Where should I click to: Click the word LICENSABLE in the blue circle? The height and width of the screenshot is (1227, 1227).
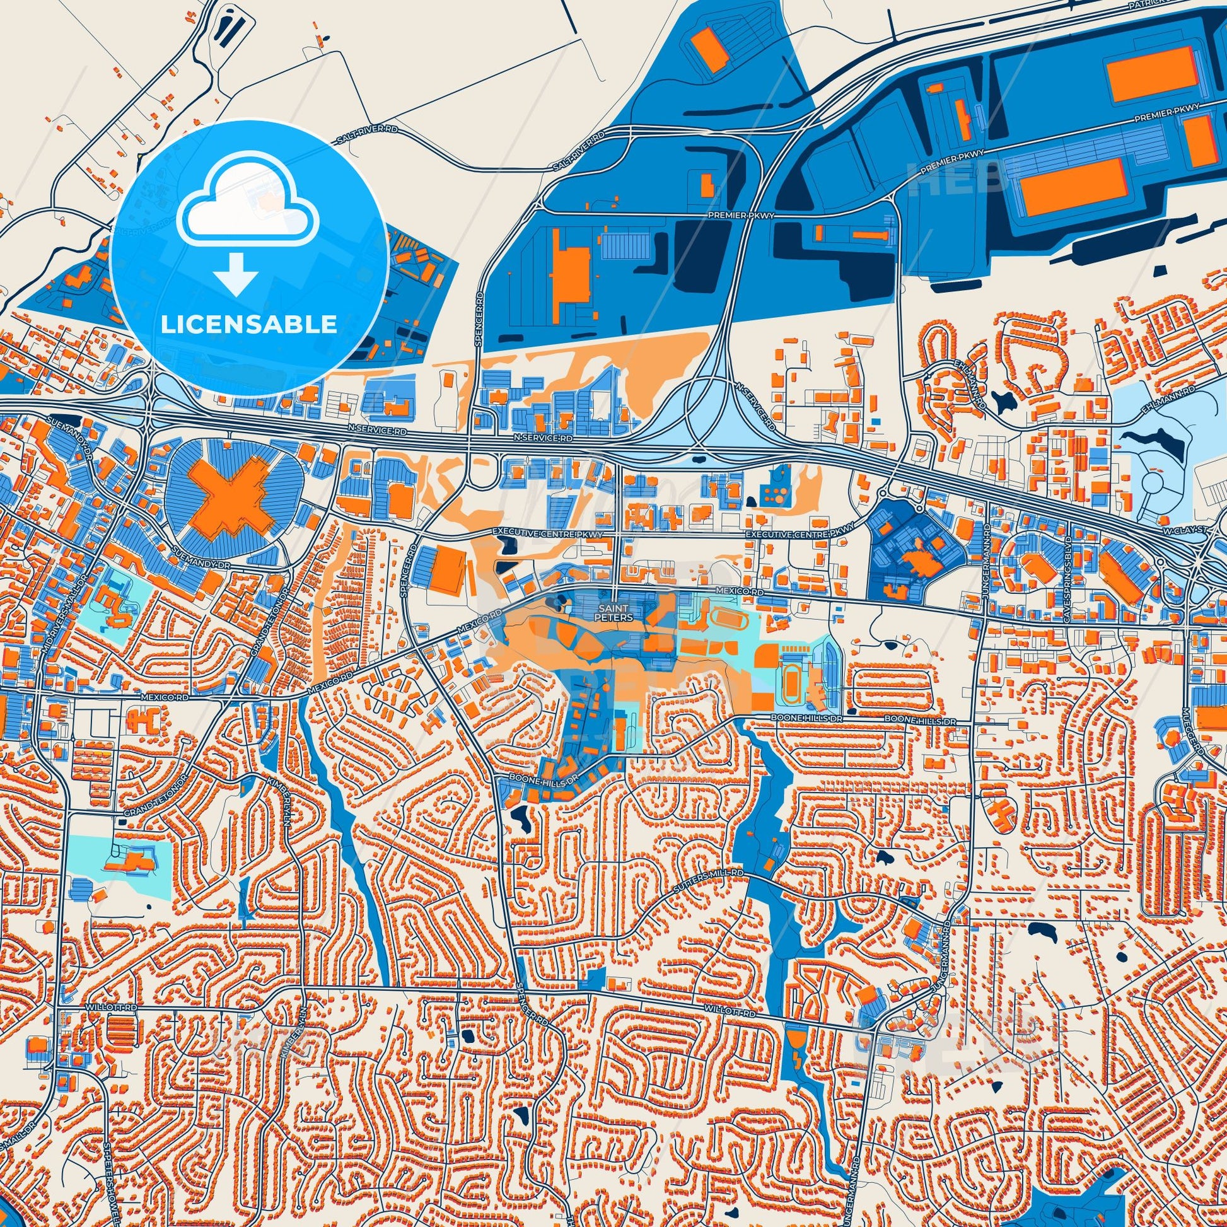click(x=248, y=324)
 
